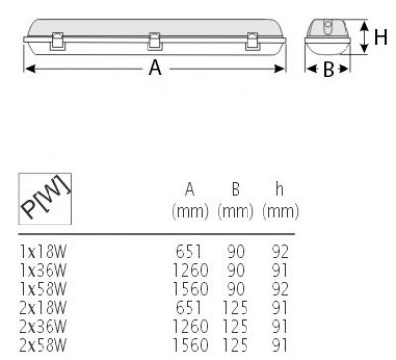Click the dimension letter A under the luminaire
click(155, 68)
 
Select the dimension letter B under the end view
click(328, 70)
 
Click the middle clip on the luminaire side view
click(154, 42)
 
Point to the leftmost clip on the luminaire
click(57, 42)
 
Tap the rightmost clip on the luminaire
click(252, 42)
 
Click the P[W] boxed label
click(45, 199)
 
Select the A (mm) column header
click(190, 201)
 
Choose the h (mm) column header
click(280, 201)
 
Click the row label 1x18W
click(44, 252)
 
